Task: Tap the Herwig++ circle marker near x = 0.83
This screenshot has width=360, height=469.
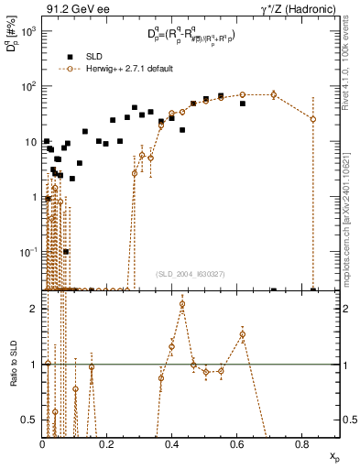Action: coord(313,119)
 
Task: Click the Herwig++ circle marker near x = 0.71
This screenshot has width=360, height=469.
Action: coord(274,94)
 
